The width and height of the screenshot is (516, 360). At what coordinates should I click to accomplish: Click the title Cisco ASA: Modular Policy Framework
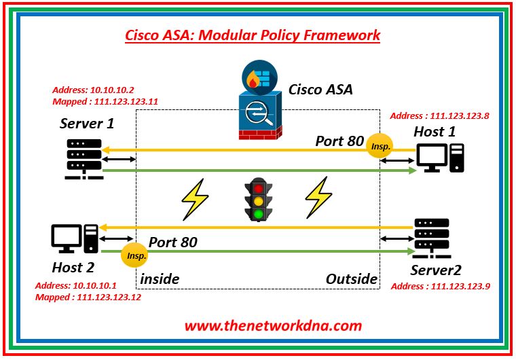253,35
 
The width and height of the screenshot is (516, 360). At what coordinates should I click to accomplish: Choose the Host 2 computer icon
75,239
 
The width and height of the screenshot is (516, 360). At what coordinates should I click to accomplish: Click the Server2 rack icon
431,239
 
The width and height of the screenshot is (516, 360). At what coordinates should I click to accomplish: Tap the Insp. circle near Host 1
379,145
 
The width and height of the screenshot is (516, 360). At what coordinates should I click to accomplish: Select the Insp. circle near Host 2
132,256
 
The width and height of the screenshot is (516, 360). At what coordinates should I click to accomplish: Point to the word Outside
352,278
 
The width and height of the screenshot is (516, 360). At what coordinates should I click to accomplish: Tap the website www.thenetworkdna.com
273,325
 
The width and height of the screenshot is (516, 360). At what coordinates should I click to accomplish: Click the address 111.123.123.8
464,115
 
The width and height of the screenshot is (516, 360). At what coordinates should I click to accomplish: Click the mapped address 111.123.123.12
109,297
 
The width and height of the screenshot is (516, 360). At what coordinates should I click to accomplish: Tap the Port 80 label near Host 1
339,141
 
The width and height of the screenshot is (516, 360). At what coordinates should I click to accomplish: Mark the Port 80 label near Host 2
173,242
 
